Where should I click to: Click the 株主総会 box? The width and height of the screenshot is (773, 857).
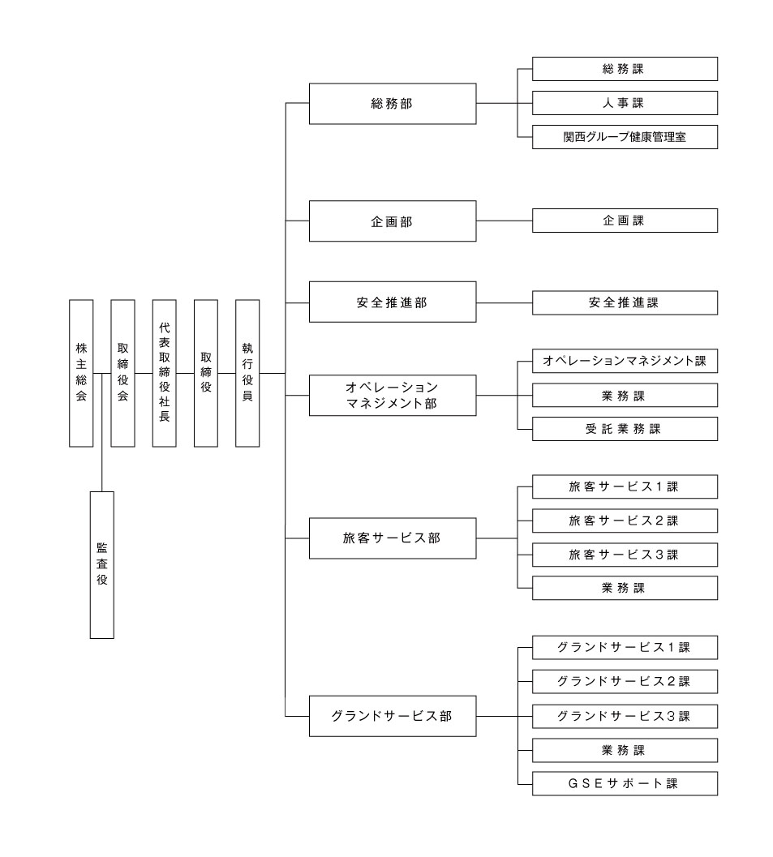(81, 373)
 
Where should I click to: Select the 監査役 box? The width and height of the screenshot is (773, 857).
(101, 564)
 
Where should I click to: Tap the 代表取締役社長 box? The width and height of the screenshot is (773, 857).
(164, 373)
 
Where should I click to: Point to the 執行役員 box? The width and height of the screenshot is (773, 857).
(247, 373)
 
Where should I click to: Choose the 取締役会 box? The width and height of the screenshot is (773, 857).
(122, 373)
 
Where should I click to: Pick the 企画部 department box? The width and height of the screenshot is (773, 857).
(393, 221)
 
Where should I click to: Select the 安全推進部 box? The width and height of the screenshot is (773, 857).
(393, 302)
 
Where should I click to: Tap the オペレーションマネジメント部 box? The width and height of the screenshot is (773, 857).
(393, 395)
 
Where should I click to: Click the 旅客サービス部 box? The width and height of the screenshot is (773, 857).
(393, 537)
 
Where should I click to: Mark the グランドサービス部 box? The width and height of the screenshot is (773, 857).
(393, 715)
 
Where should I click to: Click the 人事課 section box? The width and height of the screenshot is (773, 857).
(625, 103)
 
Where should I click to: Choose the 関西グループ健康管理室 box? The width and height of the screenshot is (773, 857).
(625, 137)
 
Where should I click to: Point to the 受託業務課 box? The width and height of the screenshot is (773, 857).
(625, 429)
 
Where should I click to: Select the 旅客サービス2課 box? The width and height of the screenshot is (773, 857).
(625, 520)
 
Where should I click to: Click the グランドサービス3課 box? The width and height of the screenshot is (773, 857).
(625, 716)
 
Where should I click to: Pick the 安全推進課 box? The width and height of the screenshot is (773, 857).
(625, 302)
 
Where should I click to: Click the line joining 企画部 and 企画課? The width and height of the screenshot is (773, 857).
(504, 221)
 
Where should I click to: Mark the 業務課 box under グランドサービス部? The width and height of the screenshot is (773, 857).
(625, 750)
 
